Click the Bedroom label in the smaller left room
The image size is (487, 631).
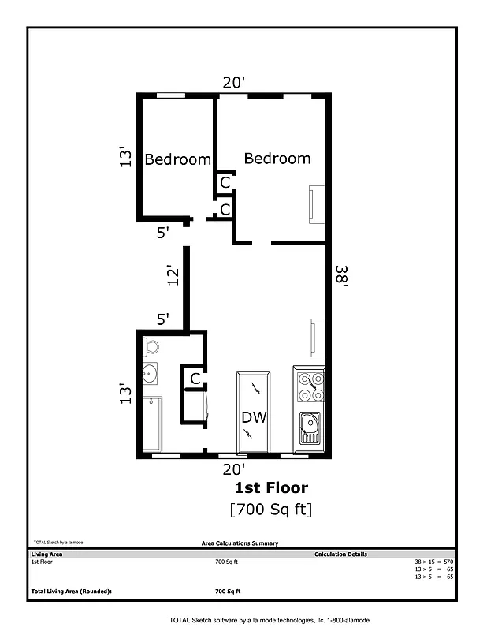tap(177, 159)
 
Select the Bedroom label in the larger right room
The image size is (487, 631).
tap(277, 159)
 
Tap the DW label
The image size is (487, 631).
tap(254, 417)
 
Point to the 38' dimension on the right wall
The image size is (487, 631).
tap(340, 278)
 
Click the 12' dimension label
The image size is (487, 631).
tap(174, 274)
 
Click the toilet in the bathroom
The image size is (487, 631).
tap(151, 347)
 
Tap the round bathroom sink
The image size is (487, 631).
tap(151, 374)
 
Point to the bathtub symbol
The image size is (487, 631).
tap(152, 424)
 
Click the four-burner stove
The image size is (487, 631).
tap(308, 387)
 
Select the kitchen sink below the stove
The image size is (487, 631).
tap(308, 430)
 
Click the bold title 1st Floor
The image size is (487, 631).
tap(271, 488)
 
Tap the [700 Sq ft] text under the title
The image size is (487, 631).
tap(271, 510)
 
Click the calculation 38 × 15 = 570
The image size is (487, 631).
tap(433, 562)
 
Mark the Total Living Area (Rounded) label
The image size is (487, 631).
tap(71, 591)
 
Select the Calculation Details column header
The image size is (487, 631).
tap(340, 554)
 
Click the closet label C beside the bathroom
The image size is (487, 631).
tap(194, 379)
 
